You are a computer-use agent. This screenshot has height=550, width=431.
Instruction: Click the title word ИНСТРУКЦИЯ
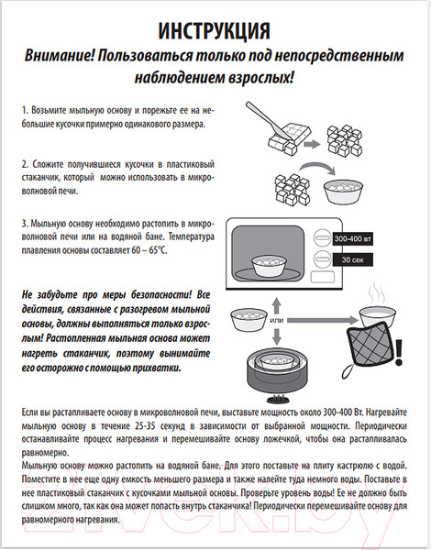point(214,30)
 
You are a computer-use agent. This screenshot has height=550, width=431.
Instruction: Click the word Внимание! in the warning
point(59,56)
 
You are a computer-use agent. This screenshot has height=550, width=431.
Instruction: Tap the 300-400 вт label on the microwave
point(352,239)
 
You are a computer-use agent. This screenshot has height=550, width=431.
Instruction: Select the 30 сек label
point(352,259)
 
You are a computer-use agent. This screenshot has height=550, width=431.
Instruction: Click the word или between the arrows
point(277,320)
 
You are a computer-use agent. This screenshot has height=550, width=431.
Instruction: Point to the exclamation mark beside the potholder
point(398,352)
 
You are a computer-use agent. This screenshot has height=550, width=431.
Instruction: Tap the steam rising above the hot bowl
point(376,296)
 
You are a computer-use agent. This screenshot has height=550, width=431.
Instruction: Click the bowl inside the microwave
point(269,266)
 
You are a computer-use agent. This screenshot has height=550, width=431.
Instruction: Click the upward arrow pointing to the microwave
point(277,306)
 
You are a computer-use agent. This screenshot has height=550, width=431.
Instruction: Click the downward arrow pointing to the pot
point(277,336)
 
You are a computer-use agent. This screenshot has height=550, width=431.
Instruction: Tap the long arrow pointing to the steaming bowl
point(322,320)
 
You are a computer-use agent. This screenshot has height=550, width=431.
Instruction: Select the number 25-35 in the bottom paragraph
point(143,426)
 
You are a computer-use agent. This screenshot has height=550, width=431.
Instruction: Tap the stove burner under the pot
point(278,399)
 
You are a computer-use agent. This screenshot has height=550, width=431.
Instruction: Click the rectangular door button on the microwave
point(323,277)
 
